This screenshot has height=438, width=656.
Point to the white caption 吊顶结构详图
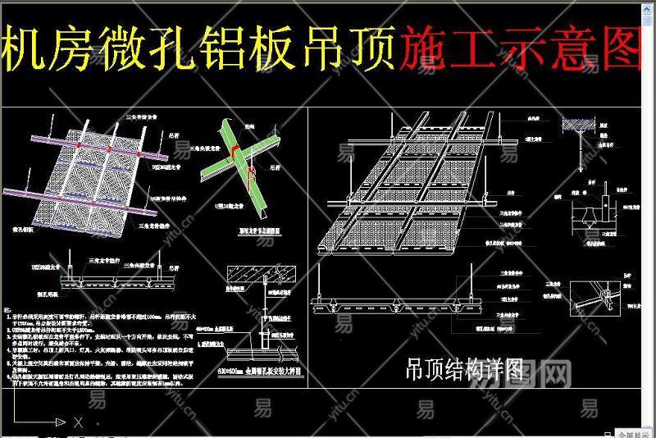(x=465, y=370)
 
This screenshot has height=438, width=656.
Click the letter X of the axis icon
(x=77, y=422)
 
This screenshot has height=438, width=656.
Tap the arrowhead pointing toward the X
(x=61, y=422)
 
